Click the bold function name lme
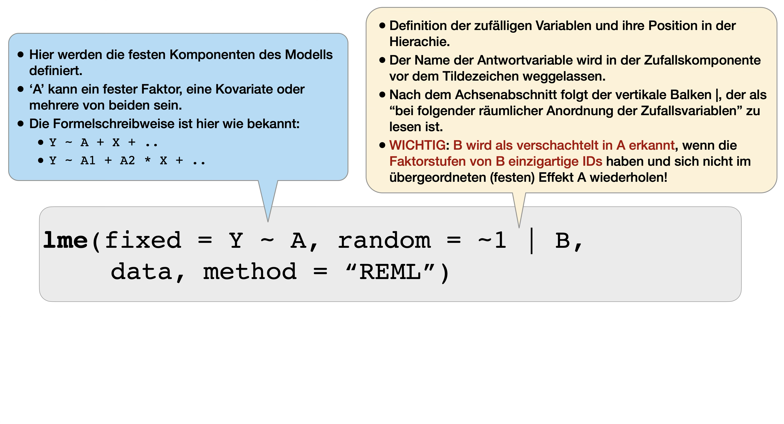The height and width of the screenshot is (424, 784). click(65, 240)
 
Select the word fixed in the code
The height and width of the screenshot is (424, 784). click(143, 240)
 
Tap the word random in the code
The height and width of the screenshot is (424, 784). click(384, 240)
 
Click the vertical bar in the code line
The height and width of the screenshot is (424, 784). click(531, 241)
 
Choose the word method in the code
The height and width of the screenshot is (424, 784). click(249, 272)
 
